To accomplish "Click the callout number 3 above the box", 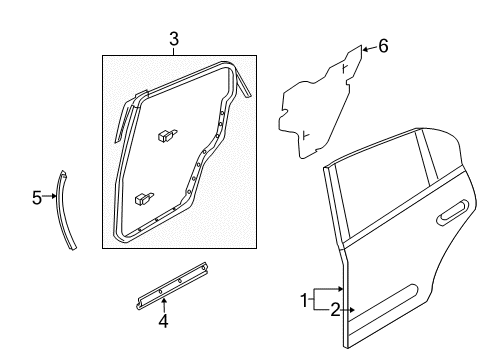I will [173, 40].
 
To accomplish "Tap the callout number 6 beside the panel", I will [382, 46].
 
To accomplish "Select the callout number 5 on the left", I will [36, 197].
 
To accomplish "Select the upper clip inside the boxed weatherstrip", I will [166, 133].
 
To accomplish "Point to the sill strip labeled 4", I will [172, 287].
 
